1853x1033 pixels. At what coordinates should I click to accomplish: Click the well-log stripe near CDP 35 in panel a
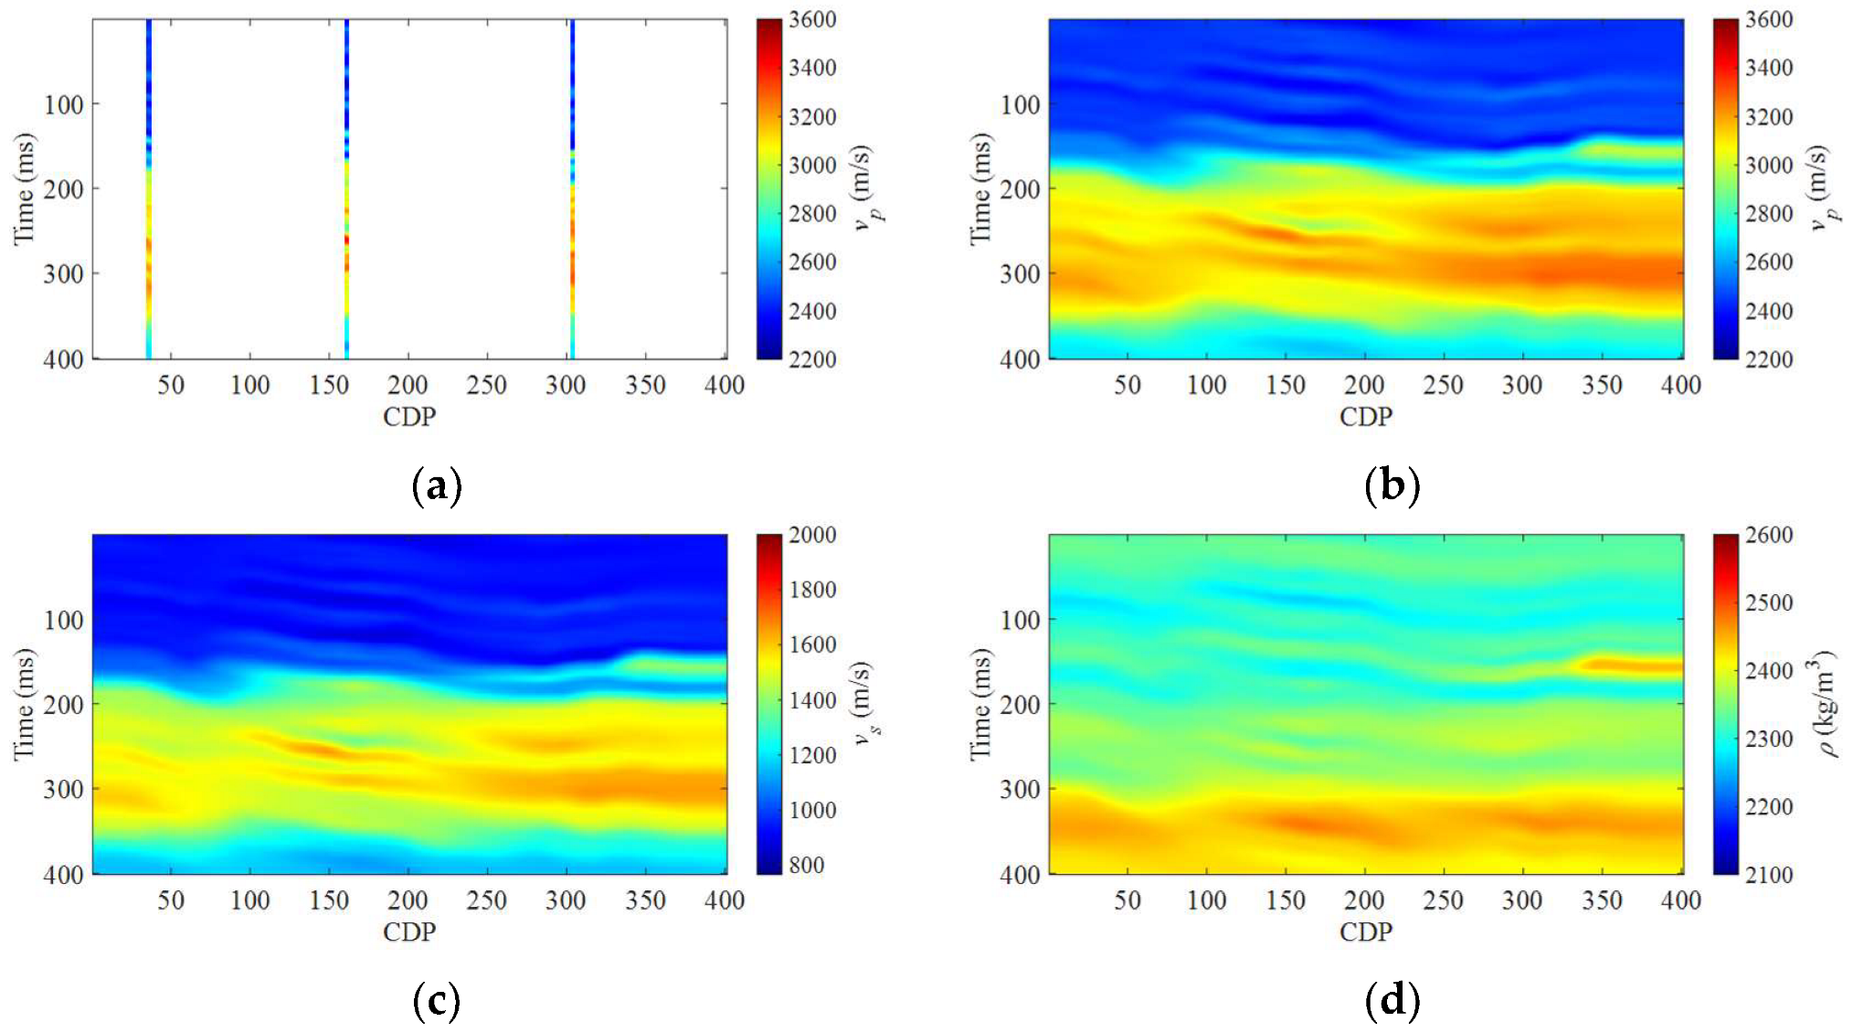[x=149, y=188]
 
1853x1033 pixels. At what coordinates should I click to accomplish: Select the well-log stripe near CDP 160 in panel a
[x=347, y=188]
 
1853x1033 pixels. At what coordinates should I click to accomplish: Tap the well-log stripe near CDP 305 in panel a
[x=573, y=188]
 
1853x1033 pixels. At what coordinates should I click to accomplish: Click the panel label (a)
[x=437, y=485]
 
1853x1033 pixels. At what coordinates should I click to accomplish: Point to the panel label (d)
[x=1392, y=1001]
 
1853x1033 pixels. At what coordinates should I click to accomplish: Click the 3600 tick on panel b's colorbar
[x=1769, y=19]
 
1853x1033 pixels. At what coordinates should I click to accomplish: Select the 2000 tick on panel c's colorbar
[x=812, y=535]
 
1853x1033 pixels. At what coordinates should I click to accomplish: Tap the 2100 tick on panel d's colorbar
[x=1769, y=874]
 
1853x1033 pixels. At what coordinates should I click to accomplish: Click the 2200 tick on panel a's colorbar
[x=812, y=359]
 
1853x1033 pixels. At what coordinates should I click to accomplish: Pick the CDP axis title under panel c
[x=409, y=932]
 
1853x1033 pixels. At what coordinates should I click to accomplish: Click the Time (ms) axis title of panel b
[x=980, y=189]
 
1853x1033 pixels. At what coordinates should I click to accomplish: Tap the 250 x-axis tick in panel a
[x=486, y=385]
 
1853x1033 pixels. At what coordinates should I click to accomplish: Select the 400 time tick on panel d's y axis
[x=1020, y=874]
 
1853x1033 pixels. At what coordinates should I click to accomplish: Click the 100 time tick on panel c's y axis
[x=63, y=620]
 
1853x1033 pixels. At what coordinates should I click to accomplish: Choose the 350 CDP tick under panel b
[x=1602, y=385]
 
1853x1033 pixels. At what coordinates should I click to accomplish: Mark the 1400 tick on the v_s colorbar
[x=812, y=700]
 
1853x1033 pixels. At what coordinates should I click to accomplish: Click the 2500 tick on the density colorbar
[x=1769, y=602]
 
